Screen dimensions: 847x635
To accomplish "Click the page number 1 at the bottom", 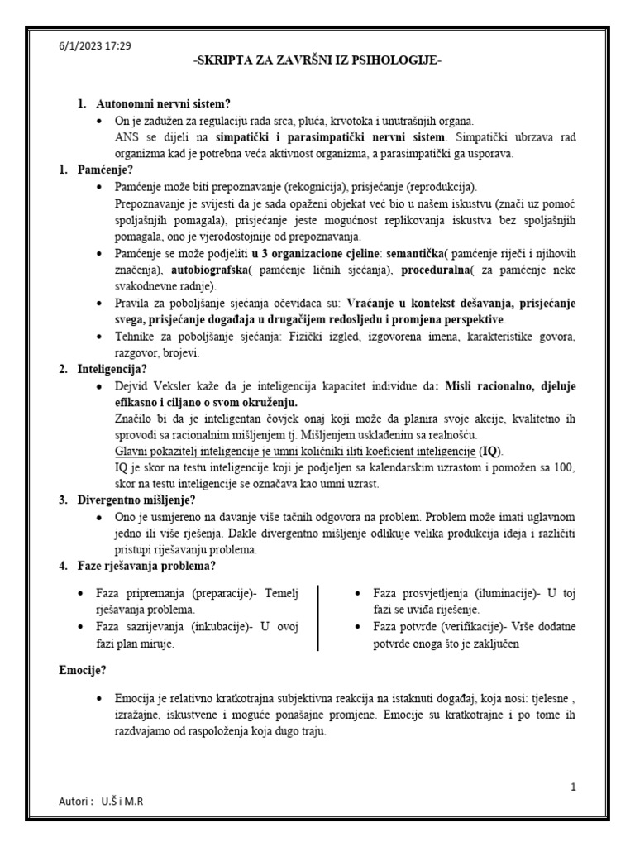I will pyautogui.click(x=573, y=787).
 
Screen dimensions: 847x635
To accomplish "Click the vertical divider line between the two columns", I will pyautogui.click(x=318, y=619).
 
